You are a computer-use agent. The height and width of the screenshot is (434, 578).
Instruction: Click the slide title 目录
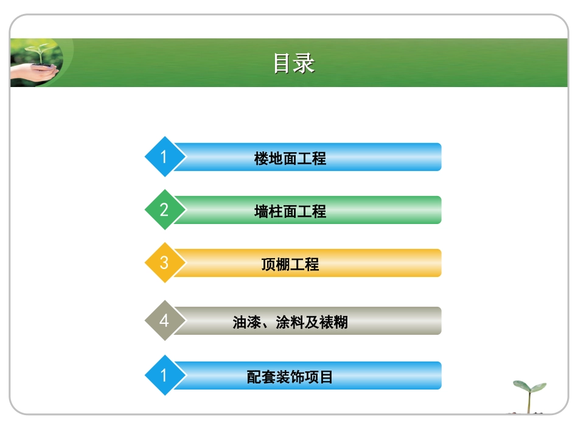click(293, 63)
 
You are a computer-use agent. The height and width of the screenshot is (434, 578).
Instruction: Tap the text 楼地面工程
click(290, 159)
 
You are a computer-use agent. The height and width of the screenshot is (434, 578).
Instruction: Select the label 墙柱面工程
click(290, 212)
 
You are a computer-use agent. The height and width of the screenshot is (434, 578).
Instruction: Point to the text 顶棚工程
click(290, 265)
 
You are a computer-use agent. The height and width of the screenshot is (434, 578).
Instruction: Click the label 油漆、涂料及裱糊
click(290, 322)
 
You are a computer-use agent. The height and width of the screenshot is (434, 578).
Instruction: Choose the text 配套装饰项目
click(290, 377)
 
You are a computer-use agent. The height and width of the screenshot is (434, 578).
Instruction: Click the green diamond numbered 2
click(163, 211)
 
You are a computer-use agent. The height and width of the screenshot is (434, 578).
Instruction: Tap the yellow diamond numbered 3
click(163, 264)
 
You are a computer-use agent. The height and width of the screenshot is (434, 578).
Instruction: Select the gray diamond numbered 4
click(163, 320)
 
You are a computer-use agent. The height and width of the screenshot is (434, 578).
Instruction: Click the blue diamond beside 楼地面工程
click(163, 158)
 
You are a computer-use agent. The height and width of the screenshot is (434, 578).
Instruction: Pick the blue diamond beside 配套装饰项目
click(163, 376)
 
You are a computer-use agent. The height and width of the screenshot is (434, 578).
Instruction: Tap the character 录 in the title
click(304, 63)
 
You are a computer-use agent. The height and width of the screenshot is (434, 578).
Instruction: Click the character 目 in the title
click(282, 63)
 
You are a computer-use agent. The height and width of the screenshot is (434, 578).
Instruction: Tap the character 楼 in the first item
click(261, 159)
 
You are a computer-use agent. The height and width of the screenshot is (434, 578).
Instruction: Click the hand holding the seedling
click(33, 72)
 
